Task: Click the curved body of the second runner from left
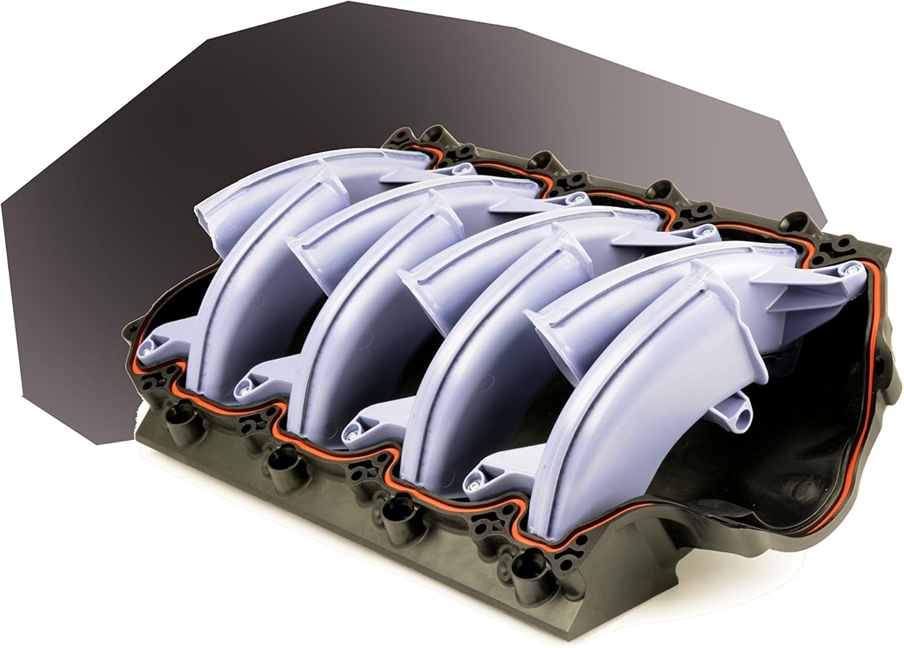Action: click(x=350, y=302)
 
